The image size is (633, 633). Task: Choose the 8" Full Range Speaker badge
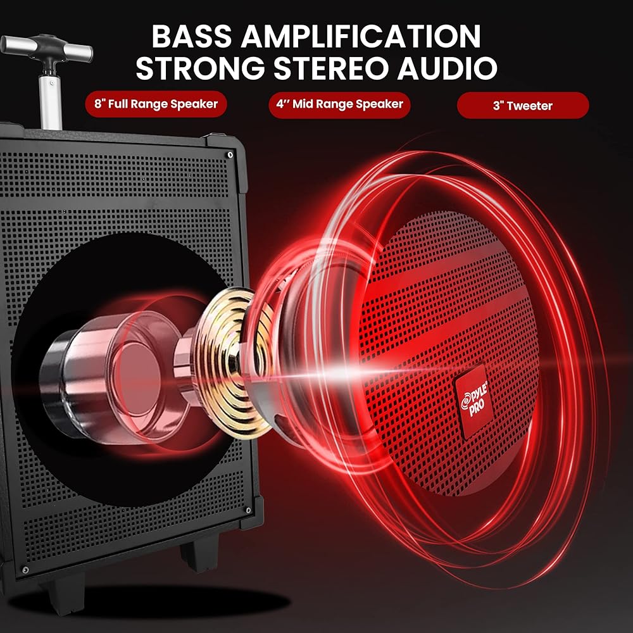click(x=156, y=104)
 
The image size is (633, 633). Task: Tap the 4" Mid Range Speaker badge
click(x=340, y=104)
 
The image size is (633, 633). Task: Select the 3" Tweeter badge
click(x=523, y=105)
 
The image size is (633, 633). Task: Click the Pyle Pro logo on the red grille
click(x=469, y=403)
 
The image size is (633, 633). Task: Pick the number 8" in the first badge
click(x=98, y=104)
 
